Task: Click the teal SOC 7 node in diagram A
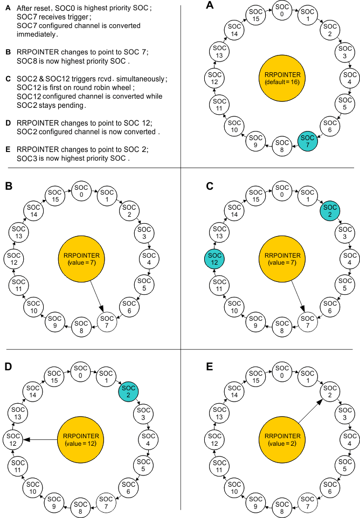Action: coord(307,142)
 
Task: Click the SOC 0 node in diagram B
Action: coord(82,190)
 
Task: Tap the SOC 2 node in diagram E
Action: coord(330,392)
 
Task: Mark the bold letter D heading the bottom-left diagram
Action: coord(8,367)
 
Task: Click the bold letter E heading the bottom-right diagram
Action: coord(209,367)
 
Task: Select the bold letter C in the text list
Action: coord(8,79)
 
